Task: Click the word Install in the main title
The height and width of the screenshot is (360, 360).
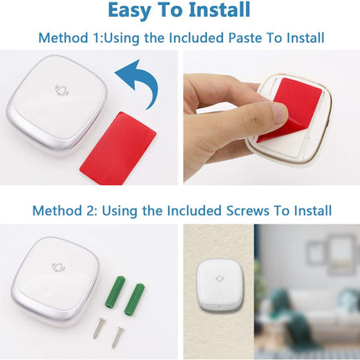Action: (x=219, y=9)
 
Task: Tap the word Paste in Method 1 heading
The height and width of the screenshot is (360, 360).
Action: (x=245, y=38)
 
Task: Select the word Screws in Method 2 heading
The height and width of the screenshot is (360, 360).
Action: (x=248, y=210)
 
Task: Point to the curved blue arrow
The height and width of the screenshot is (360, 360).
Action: (x=142, y=81)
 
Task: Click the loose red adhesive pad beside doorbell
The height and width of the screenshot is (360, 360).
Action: (x=118, y=149)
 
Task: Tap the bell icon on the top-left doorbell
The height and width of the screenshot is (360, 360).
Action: (x=62, y=90)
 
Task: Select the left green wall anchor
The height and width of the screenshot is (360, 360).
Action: (x=115, y=291)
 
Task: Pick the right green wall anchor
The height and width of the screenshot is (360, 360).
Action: (x=134, y=299)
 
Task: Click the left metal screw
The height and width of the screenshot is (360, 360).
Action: (x=99, y=327)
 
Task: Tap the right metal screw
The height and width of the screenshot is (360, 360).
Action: (x=118, y=337)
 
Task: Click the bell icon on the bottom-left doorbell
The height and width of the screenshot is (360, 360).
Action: (x=58, y=267)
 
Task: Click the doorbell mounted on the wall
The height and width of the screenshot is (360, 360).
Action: (x=219, y=285)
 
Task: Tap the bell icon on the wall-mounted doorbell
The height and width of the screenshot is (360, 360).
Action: (x=220, y=278)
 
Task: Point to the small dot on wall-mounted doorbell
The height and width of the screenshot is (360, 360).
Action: (x=219, y=306)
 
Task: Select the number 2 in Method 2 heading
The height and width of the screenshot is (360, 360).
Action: (x=86, y=210)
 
